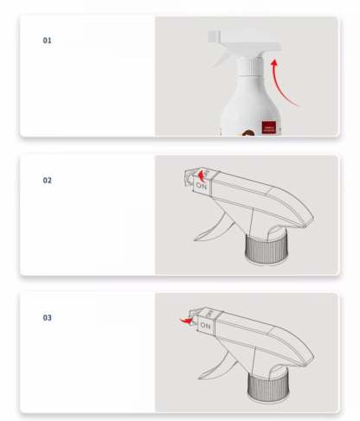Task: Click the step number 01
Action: [48, 41]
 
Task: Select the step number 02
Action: [48, 181]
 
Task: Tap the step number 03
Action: [48, 318]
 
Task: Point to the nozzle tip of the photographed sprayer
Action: [212, 38]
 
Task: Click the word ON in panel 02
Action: [202, 184]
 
